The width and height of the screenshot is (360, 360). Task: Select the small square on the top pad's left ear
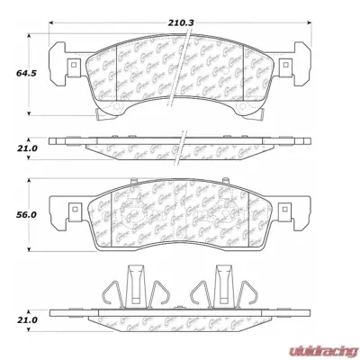(68, 64)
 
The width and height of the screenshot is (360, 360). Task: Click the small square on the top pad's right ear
(286, 64)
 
